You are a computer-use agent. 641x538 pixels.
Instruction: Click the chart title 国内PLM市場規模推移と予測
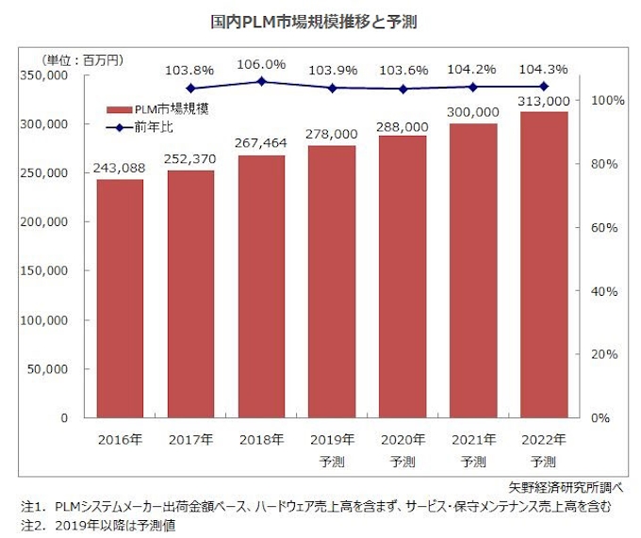click(x=320, y=21)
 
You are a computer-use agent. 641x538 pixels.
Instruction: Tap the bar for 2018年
click(x=261, y=286)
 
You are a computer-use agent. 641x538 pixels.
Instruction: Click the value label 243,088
click(x=120, y=169)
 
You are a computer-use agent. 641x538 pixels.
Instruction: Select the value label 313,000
click(x=544, y=101)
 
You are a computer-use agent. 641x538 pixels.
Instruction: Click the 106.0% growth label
click(x=261, y=64)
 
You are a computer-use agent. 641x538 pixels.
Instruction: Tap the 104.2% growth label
click(x=473, y=69)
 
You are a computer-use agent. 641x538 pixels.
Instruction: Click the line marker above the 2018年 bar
click(x=261, y=82)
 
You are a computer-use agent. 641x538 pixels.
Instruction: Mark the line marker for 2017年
click(x=190, y=89)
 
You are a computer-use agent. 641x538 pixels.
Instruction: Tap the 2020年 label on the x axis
click(x=403, y=439)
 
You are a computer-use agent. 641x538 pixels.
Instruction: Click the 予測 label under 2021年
click(x=473, y=462)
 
